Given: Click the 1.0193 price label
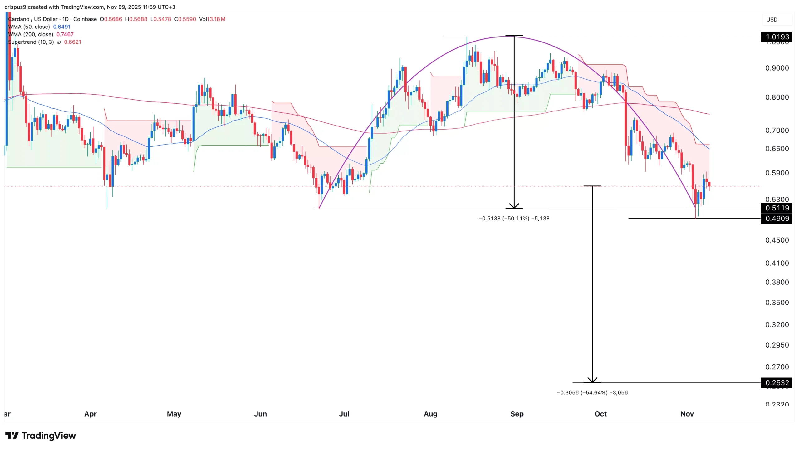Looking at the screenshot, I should point(777,37).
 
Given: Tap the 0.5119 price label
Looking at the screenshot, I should point(777,208).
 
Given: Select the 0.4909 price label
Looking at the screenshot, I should point(777,219).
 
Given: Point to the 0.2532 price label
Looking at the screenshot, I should point(777,383).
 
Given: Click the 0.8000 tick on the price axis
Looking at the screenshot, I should point(777,97).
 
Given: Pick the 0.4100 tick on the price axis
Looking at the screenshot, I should point(777,263).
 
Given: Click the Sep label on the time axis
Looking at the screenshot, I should point(517,414).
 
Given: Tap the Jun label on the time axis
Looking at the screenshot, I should point(260,414).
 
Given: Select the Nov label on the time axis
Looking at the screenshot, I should point(687,414).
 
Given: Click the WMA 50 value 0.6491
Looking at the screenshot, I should point(62,27).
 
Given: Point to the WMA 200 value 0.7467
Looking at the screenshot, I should point(65,34).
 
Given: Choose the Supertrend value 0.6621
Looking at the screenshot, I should point(72,42).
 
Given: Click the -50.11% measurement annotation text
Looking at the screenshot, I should point(514,219).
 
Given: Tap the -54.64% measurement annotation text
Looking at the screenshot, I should point(592,393).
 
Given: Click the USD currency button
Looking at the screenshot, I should point(772,20).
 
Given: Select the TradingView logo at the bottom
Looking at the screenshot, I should point(41,436).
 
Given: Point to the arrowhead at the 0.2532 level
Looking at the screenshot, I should point(592,380).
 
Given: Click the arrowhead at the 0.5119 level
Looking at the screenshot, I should point(514,206).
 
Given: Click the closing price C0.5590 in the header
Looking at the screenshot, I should point(185,19).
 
